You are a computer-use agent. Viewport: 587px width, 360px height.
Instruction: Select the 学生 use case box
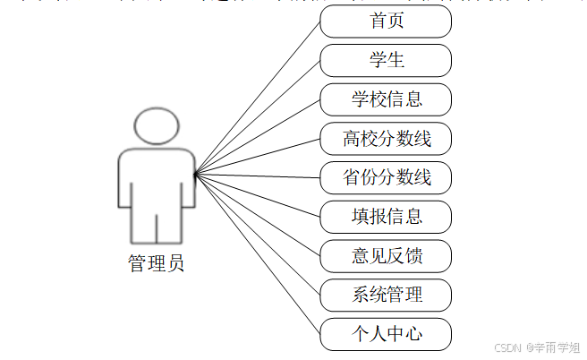click(386, 61)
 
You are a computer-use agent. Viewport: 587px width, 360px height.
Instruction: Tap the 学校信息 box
click(386, 99)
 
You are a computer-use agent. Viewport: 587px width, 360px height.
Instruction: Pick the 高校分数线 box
click(386, 139)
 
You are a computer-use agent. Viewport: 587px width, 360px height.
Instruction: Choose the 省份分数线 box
click(386, 177)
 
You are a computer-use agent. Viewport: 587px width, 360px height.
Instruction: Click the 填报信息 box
click(386, 216)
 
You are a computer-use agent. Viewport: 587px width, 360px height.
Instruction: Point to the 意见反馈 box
click(386, 255)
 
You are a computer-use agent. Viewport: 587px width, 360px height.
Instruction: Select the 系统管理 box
click(386, 294)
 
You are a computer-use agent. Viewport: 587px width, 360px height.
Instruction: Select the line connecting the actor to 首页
click(258, 97)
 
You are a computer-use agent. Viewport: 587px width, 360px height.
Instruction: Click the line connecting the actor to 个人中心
click(258, 253)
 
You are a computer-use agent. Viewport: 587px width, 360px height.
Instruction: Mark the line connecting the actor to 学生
click(258, 116)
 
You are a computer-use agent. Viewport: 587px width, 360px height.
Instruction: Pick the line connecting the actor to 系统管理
click(258, 233)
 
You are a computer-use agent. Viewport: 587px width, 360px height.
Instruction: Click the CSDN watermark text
click(507, 347)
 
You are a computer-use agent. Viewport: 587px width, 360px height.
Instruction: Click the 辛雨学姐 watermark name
click(556, 347)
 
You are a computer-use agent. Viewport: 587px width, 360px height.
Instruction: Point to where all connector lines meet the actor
click(196, 173)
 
